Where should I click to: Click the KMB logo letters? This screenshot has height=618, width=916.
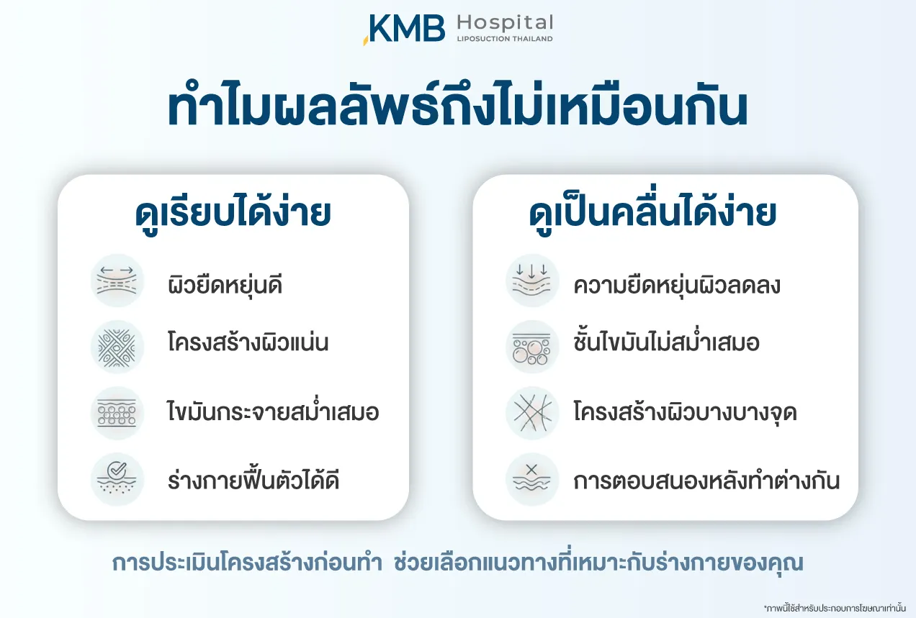tap(404, 29)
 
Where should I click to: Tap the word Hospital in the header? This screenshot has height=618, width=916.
tap(505, 23)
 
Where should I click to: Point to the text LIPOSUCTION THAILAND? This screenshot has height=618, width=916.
tap(505, 39)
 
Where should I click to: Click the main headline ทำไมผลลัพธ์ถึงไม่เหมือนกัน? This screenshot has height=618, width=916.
tap(458, 107)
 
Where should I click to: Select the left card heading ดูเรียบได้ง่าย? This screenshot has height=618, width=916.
tap(233, 214)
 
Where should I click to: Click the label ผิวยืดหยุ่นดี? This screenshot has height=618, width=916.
tap(225, 285)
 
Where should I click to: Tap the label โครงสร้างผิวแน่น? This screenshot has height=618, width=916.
tap(248, 342)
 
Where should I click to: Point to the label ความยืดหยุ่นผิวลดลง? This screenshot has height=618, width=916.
tap(677, 285)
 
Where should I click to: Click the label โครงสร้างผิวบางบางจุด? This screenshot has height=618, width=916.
tap(686, 412)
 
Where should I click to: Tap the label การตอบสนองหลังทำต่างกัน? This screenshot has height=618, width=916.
tap(706, 481)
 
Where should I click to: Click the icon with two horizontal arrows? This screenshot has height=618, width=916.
tap(117, 281)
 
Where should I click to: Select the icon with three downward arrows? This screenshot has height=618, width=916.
tap(532, 281)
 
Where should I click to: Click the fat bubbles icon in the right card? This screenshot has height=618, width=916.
tap(532, 347)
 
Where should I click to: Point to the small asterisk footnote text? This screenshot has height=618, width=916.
tap(835, 608)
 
